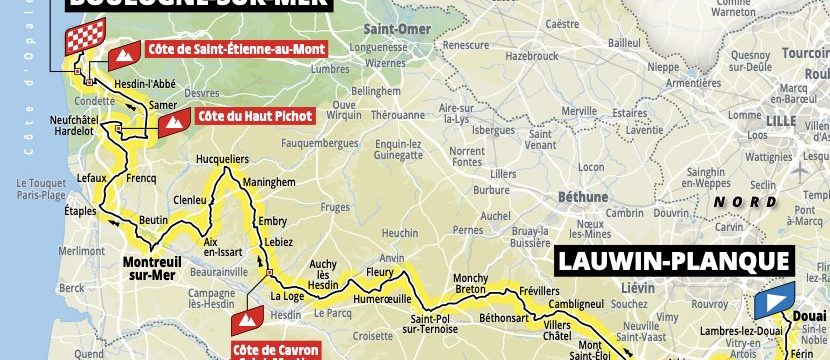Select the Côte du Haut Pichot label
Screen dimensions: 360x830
click(254, 117)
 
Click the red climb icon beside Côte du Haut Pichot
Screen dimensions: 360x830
click(172, 123)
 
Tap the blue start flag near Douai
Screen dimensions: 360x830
click(774, 300)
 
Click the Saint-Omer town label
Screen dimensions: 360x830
click(366, 29)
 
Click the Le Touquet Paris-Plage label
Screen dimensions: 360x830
click(40, 189)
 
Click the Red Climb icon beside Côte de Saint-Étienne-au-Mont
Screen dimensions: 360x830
click(125, 54)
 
